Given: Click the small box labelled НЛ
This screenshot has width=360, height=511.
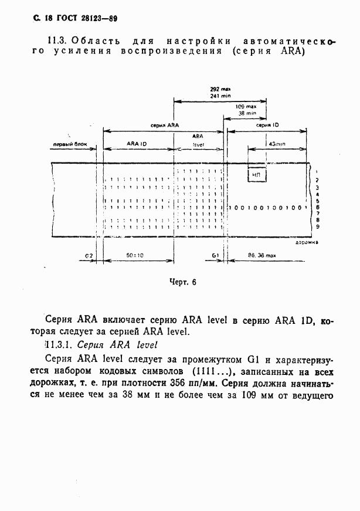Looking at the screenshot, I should pyautogui.click(x=256, y=174).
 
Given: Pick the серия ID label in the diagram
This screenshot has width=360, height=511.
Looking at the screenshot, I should pyautogui.click(x=267, y=126).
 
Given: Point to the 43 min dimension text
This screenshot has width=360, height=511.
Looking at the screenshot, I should pyautogui.click(x=276, y=144).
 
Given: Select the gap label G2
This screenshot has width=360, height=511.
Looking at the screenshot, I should pyautogui.click(x=89, y=256).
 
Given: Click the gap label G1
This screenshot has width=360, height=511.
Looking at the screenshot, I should pyautogui.click(x=215, y=256).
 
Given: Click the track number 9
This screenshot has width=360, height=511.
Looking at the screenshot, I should pyautogui.click(x=317, y=226).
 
